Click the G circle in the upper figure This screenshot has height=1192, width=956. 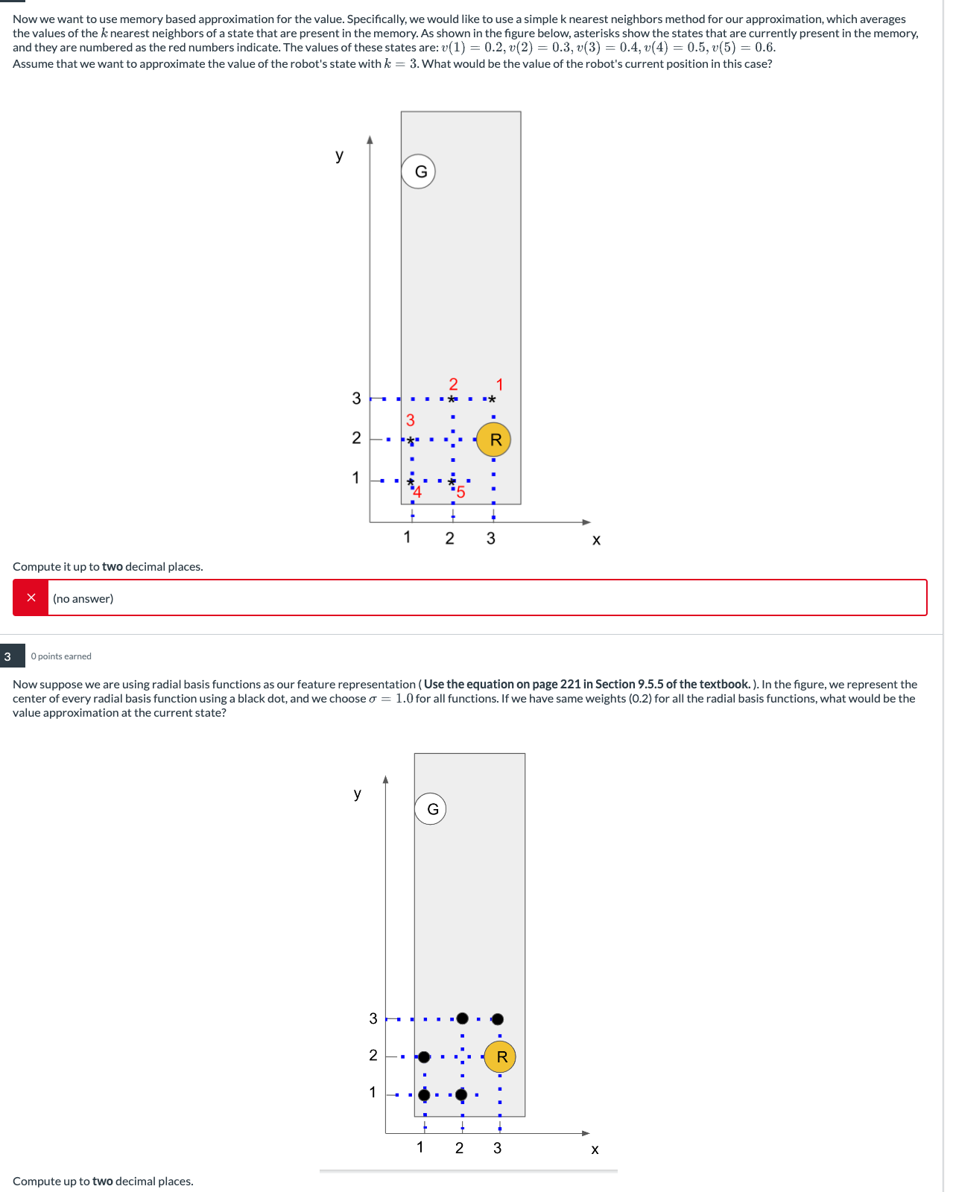pos(419,171)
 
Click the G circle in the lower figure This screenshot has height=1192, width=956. pos(431,809)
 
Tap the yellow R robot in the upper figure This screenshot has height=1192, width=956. pos(494,440)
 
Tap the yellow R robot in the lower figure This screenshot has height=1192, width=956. pos(500,1056)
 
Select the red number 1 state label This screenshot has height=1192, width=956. pos(500,384)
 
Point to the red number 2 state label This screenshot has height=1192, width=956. pos(453,384)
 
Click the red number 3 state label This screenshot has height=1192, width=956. pos(410,420)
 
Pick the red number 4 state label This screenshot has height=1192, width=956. pos(417,492)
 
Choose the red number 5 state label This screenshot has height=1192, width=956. pos(460,492)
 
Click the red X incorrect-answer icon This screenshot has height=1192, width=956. pos(31,597)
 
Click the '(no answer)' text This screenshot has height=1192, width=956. pos(83,598)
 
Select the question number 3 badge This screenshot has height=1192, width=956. pos(8,656)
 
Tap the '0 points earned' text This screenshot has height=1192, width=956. pos(61,656)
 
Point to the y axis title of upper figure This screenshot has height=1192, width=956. pos(339,155)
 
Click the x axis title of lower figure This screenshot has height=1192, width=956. pos(595,1149)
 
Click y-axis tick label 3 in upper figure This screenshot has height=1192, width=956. pos(356,399)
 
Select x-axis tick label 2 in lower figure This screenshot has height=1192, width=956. pos(459,1148)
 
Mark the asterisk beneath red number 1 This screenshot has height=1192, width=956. pos(492,400)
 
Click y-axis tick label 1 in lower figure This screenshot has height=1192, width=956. pos(373,1092)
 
